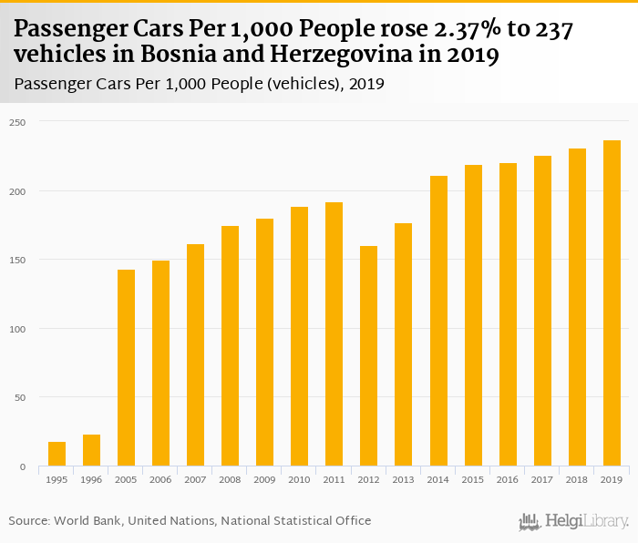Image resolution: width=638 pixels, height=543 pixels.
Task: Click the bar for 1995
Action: [x=57, y=454]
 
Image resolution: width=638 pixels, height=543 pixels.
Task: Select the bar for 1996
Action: [x=91, y=450]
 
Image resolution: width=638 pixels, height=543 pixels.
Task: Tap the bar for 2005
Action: [x=126, y=368]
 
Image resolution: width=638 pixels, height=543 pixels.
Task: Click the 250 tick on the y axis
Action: [x=20, y=122]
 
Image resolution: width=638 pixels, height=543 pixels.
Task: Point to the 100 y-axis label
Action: [x=20, y=329]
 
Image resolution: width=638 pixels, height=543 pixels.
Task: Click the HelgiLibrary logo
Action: [x=573, y=521]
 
